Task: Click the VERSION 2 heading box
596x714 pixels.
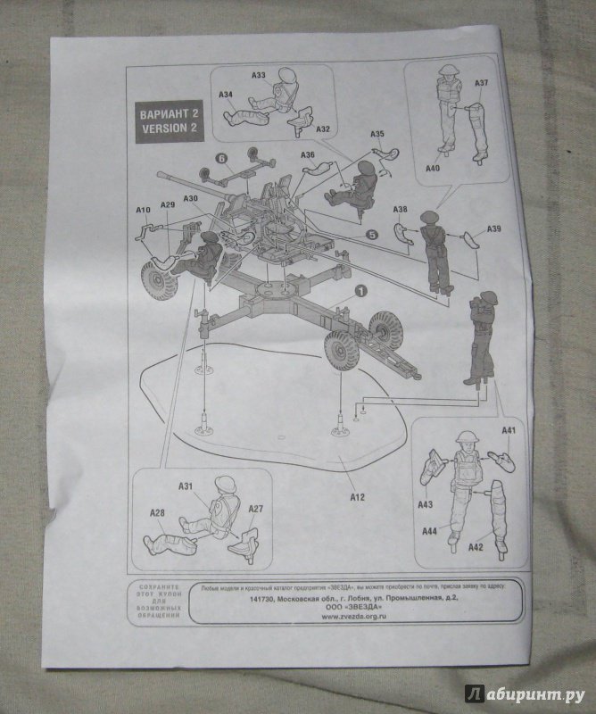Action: click(x=167, y=120)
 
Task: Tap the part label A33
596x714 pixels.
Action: click(x=259, y=76)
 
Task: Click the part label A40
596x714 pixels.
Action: click(x=434, y=168)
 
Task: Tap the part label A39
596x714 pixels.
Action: click(x=494, y=228)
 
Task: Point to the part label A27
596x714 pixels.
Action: click(x=255, y=509)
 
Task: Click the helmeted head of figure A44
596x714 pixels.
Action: click(x=465, y=438)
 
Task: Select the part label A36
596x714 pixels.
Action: click(x=308, y=155)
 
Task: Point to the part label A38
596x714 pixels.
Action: click(x=401, y=211)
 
